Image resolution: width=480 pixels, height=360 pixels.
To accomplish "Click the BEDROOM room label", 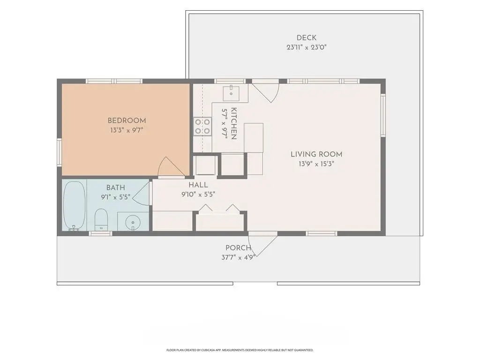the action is coord(127,120).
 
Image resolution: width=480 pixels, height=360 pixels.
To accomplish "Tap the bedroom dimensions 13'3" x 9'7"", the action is coord(127,130).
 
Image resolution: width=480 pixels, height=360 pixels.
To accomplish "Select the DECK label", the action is coord(307,37).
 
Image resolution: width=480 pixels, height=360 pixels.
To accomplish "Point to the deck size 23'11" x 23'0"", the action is coord(307,47).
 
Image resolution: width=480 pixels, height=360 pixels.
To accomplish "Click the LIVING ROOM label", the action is coord(316,154).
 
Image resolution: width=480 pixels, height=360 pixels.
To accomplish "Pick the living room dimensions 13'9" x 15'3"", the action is coord(316,164).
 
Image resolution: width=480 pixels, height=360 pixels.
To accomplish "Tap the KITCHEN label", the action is coord(233,123).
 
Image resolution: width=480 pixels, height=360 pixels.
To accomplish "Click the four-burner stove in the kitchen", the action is coord(202,127).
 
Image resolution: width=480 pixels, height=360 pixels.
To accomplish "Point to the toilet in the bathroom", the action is coord(101,219).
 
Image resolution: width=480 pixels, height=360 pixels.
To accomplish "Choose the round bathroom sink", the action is coord(133,221).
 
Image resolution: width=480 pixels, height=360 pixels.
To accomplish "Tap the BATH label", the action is coord(116,187).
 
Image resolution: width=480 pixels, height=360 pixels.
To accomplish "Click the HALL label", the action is coord(198,185).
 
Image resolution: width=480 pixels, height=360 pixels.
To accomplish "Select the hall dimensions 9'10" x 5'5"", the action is coord(198,194).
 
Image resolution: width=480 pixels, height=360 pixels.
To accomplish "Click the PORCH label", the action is coord(239,248).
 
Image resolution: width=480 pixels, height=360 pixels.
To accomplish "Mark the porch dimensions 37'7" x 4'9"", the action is coord(239,257).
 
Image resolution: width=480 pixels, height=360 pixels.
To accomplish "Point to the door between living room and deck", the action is coord(265,90).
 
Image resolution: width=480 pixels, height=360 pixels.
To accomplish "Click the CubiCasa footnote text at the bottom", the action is coord(240,350).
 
